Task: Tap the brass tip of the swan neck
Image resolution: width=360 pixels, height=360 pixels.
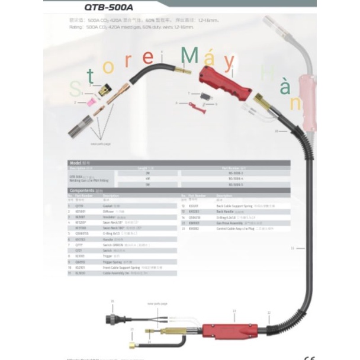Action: point(184,71)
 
